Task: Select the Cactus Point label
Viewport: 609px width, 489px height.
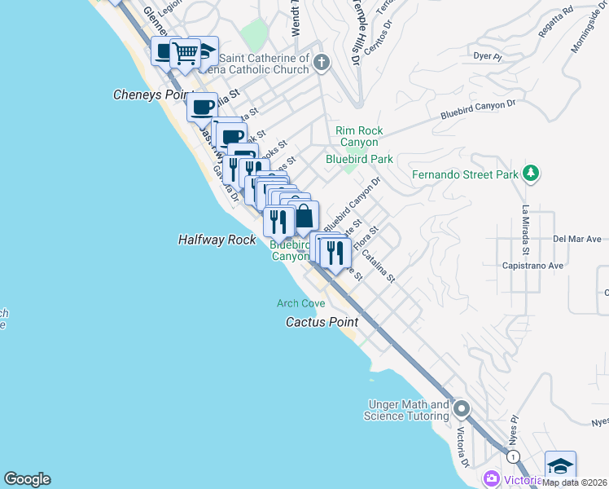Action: tap(322, 322)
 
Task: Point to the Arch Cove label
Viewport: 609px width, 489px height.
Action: tap(300, 303)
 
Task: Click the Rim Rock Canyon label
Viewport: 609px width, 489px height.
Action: tap(359, 136)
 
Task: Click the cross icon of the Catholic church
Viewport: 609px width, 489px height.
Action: tap(322, 62)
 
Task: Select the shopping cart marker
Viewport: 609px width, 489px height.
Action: tap(186, 54)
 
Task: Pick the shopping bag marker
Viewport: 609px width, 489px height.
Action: tap(304, 217)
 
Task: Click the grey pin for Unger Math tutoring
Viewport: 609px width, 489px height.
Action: tap(462, 408)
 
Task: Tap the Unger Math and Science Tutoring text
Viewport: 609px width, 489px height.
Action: tap(409, 410)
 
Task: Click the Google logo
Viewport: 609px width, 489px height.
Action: tap(27, 479)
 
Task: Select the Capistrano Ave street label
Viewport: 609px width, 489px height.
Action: tap(533, 266)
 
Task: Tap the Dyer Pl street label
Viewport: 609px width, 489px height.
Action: tap(484, 56)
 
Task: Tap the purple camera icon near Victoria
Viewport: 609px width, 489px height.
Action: tap(491, 478)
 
